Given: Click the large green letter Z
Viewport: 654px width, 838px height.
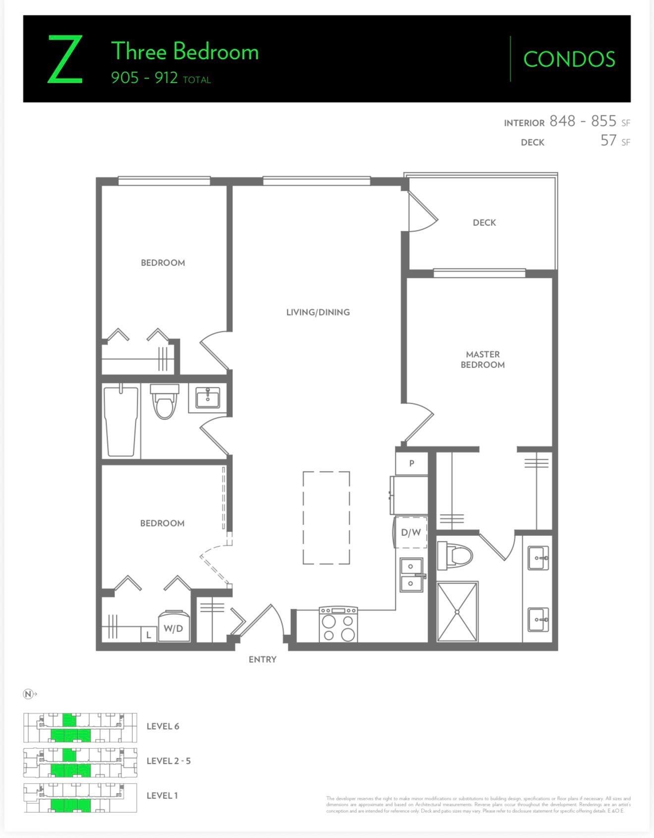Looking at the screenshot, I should point(65,60).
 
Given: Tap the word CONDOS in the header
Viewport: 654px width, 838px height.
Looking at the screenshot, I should point(569,59).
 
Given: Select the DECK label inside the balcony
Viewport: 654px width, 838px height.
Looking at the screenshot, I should point(484,223).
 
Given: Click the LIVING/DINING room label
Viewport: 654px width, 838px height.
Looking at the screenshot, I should point(318,312).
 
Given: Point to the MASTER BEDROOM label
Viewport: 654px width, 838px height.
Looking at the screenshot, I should point(483,360).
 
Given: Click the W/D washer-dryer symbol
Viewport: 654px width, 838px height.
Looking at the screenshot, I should point(173,628).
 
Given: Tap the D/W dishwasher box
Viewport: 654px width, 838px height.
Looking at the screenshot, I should point(411,532).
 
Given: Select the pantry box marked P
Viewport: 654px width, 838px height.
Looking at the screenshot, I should point(412,464).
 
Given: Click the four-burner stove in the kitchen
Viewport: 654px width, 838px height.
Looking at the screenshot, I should point(338,625).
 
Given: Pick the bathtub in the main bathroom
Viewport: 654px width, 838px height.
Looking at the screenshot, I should point(120,421).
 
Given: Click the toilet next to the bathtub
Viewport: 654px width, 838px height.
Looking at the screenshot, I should point(164,401).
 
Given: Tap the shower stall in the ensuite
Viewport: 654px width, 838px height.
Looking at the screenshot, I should point(457,612).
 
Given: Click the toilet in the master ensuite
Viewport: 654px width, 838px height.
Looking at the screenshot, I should point(454,555).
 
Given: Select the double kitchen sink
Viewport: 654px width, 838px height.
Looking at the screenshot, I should point(411,575).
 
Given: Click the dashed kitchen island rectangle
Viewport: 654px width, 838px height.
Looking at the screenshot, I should point(326,518).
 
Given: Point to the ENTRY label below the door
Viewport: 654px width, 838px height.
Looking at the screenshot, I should point(263,659).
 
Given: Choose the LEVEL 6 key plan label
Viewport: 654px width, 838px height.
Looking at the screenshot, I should point(163,726).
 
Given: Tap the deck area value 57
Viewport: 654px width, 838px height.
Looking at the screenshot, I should point(608,141).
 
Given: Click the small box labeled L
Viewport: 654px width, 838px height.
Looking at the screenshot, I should point(148,634).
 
